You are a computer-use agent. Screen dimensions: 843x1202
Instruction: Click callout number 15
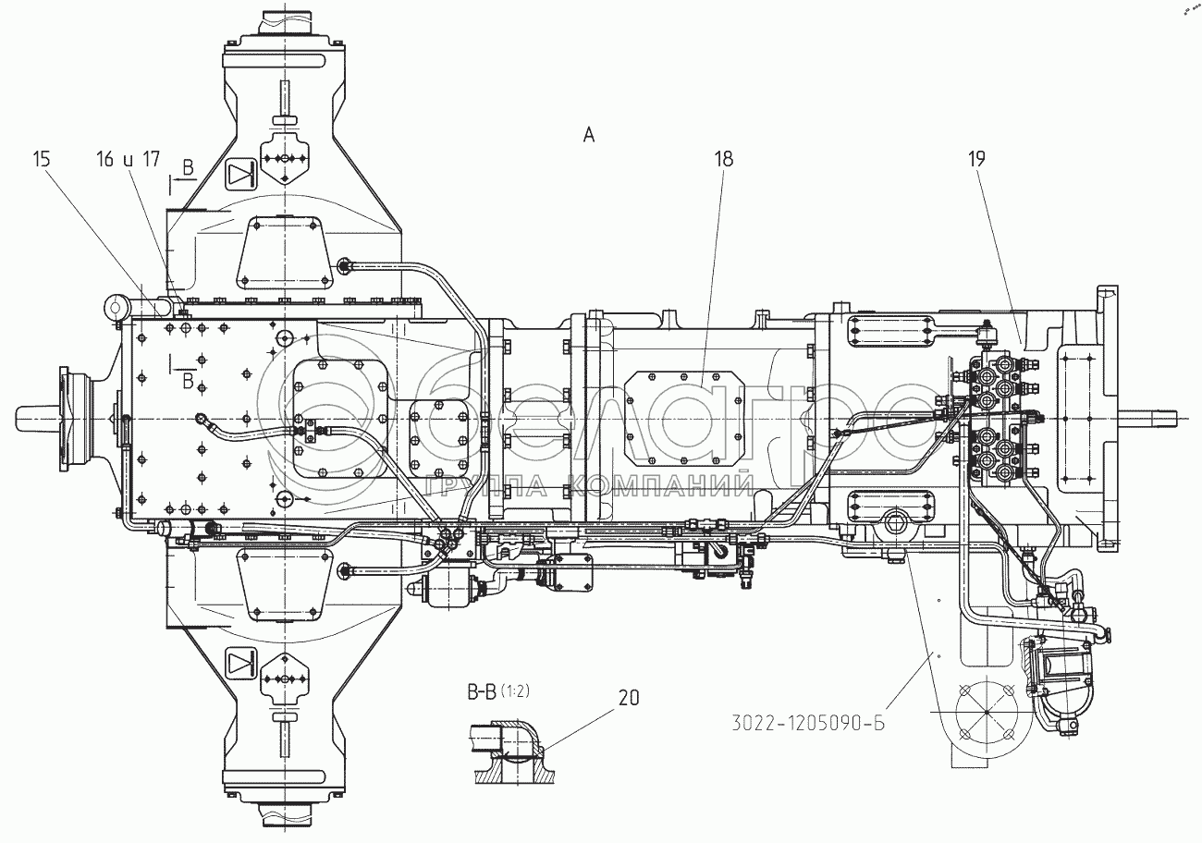click(42, 159)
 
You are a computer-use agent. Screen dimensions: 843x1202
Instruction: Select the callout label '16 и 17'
click(128, 159)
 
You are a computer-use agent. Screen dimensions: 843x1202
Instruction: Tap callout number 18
click(722, 159)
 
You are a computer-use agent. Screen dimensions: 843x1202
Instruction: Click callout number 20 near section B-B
click(628, 699)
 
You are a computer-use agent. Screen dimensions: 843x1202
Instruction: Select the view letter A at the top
click(588, 135)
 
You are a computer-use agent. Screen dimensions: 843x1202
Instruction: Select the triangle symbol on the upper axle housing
click(239, 173)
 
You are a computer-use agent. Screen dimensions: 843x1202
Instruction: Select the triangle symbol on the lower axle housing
click(240, 662)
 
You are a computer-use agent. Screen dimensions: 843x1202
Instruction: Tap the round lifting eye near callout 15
click(116, 305)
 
